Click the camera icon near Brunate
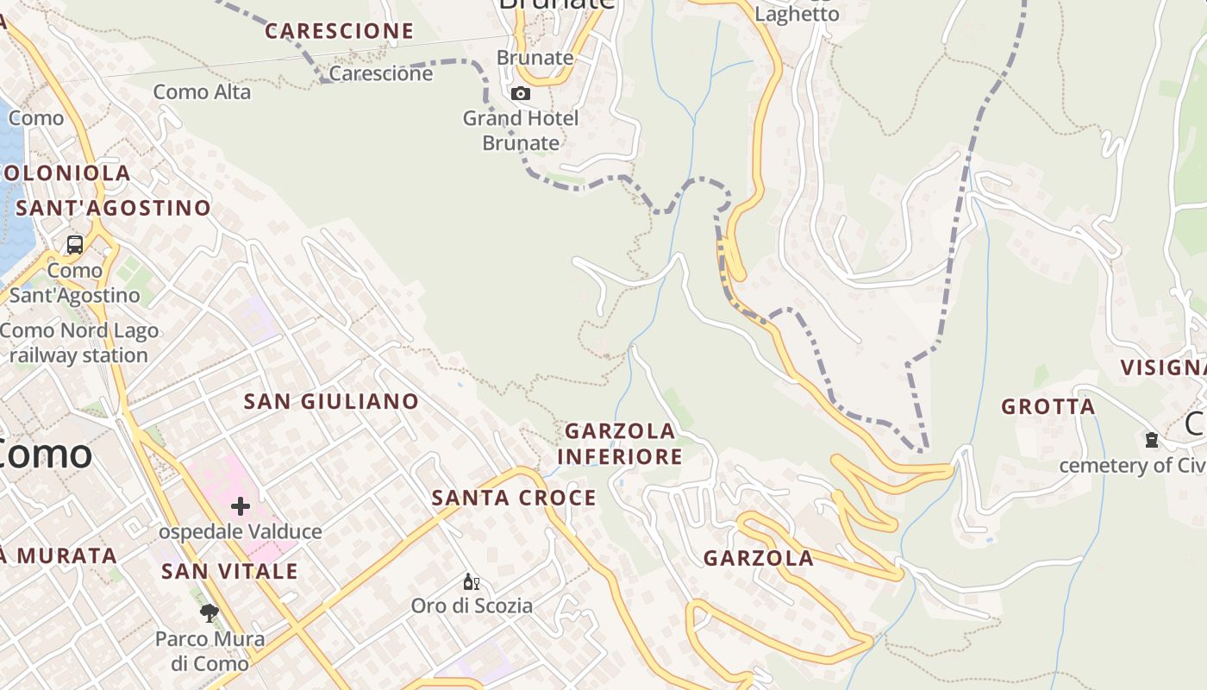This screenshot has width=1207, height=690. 521,93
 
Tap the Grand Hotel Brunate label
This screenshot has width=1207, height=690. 521,130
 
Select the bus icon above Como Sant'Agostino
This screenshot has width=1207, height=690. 75,244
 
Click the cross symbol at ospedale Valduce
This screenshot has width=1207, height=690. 241,506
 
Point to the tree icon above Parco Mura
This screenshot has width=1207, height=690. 209,613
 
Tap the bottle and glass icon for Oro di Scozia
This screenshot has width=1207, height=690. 471,582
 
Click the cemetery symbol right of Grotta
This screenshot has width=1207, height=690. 1151,440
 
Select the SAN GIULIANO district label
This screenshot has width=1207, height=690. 331,401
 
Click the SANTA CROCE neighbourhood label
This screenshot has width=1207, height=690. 514,498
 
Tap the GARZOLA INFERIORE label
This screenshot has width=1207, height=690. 620,443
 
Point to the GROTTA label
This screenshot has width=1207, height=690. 1048,406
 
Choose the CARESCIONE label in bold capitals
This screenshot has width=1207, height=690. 339,31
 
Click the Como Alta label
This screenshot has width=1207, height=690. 202,91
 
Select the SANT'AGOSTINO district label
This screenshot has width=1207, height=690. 113,208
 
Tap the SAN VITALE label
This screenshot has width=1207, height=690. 229,571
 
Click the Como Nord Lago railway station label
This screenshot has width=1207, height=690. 79,342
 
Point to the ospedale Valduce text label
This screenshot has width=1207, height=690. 241,531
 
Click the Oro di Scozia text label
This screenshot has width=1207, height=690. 472,605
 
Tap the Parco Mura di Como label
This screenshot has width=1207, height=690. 210,651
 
